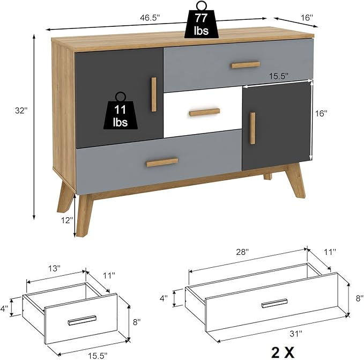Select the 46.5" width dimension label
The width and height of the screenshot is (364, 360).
point(150,18)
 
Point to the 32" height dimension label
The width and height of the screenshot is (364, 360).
point(21,111)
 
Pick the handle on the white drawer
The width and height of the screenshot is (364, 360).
point(204,112)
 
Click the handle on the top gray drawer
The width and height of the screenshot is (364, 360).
point(246,65)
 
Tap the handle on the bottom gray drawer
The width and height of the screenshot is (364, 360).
point(162,161)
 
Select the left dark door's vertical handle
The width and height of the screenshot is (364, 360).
point(154,94)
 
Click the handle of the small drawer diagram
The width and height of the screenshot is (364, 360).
point(82,320)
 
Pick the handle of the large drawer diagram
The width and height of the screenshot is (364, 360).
point(274,303)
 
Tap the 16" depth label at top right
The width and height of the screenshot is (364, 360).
point(306,18)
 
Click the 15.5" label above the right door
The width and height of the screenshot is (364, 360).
point(278,76)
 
